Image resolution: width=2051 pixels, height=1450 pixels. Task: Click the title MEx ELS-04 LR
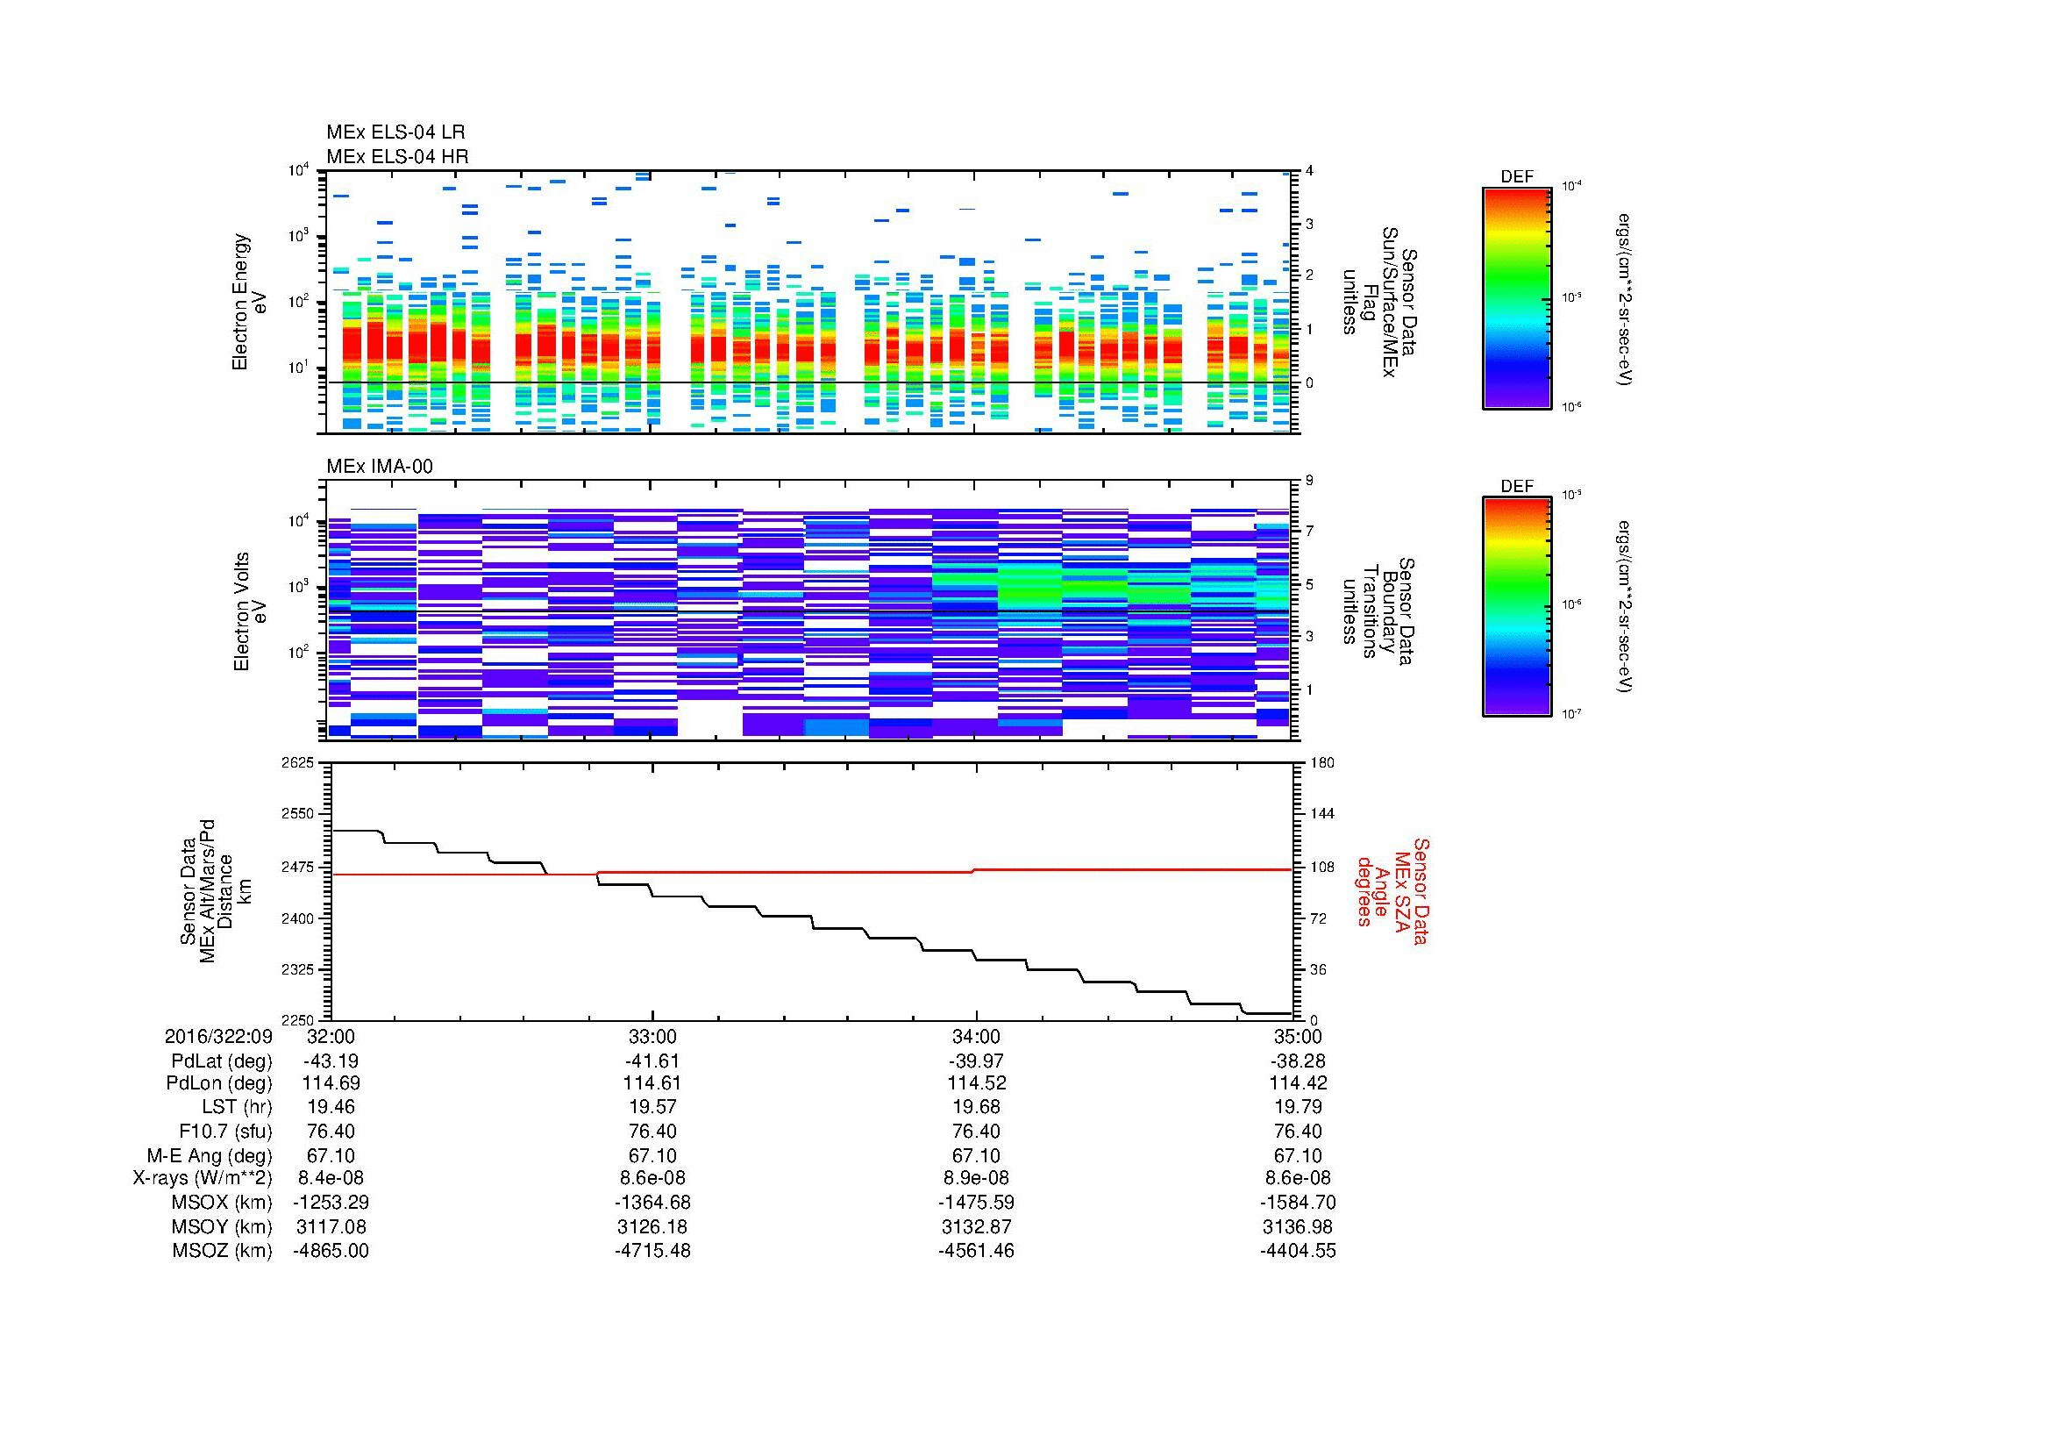(395, 133)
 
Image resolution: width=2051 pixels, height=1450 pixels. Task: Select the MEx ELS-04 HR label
(396, 156)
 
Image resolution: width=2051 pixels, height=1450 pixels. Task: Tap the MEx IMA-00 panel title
(379, 467)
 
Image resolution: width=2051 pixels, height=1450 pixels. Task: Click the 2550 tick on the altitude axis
(297, 814)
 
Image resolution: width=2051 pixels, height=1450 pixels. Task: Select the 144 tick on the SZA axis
(1321, 814)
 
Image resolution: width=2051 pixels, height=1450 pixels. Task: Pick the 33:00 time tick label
(652, 1036)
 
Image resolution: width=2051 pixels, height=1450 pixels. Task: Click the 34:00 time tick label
(975, 1036)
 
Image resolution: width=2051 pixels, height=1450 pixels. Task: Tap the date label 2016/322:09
(218, 1036)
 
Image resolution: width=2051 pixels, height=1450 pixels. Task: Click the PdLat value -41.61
(652, 1061)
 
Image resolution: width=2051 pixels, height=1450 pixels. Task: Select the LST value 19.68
(975, 1106)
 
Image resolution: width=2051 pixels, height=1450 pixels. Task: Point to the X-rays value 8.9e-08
(975, 1178)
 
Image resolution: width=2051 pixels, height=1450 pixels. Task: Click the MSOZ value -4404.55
(1298, 1251)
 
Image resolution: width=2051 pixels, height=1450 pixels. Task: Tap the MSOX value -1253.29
(331, 1203)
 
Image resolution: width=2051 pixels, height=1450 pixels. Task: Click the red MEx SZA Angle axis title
(1392, 890)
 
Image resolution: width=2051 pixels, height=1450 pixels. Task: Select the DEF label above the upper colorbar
(1517, 177)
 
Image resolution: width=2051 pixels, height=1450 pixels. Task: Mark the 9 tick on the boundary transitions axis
(1309, 481)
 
